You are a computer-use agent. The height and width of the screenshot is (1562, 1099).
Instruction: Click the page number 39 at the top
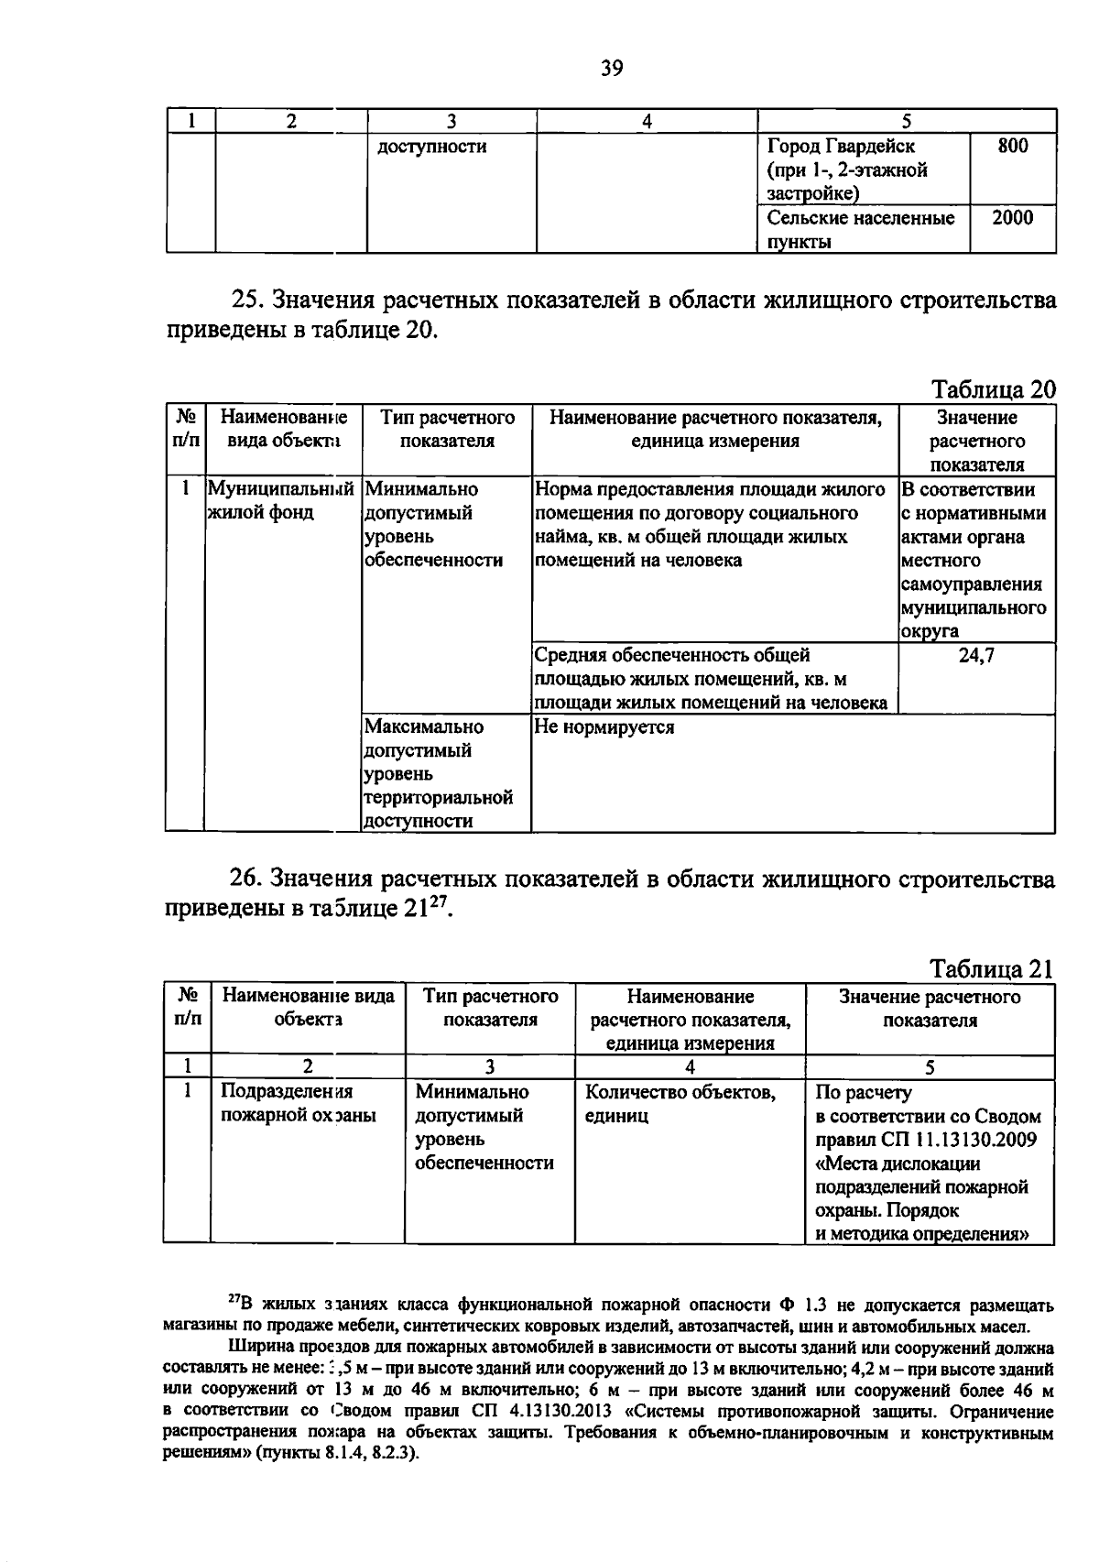pos(612,67)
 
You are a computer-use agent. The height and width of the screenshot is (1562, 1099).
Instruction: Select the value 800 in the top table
pos(1012,146)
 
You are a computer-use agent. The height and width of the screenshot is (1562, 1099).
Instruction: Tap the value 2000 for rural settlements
pos(1012,218)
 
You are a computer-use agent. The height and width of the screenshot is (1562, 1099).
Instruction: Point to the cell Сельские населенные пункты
pos(860,229)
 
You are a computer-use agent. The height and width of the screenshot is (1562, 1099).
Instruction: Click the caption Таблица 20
pos(993,389)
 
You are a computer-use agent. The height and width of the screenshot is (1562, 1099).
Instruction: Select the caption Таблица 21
pos(992,968)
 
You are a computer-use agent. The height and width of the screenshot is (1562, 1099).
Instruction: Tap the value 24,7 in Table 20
pos(976,655)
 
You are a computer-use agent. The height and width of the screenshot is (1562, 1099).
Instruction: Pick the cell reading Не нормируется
pos(604,727)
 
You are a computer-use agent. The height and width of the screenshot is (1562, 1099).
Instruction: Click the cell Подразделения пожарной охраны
pos(299,1104)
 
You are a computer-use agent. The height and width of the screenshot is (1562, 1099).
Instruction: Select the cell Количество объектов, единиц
pos(680,1104)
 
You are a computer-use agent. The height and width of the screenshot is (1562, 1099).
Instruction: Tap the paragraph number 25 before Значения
pos(247,300)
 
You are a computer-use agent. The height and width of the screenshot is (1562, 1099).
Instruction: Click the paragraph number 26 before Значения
pos(247,879)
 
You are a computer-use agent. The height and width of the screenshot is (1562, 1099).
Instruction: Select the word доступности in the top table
pos(431,147)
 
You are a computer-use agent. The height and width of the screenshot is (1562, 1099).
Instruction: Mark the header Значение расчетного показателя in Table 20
pos(976,441)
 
